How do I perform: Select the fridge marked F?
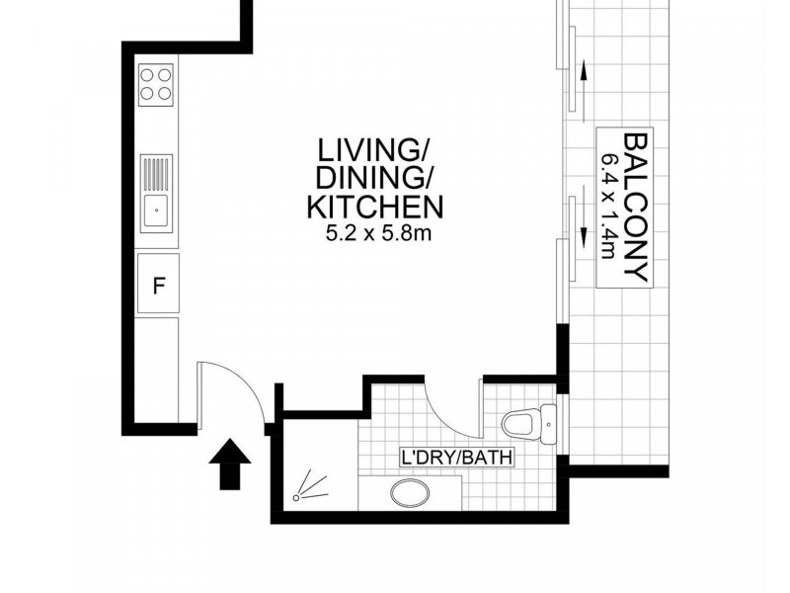pos(157,285)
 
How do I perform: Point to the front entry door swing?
pos(232,390)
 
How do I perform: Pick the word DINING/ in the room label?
pos(367,179)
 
